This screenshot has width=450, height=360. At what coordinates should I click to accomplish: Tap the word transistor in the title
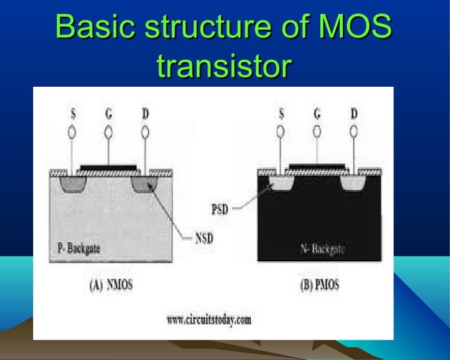[224, 67]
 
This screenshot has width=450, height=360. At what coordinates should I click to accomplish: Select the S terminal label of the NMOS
[72, 114]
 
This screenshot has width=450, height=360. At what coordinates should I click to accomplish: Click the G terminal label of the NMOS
[108, 114]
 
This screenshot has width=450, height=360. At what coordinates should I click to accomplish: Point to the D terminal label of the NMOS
[145, 114]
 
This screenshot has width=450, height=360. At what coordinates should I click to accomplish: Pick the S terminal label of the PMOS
[281, 114]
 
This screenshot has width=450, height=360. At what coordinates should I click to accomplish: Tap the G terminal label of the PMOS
[317, 114]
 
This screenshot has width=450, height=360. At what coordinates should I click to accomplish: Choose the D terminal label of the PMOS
[353, 114]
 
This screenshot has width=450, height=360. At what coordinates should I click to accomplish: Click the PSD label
[221, 209]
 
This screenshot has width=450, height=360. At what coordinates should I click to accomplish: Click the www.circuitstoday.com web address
[209, 320]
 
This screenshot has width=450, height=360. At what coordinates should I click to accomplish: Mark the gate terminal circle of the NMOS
[108, 132]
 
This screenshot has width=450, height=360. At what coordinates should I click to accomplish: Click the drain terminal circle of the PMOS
[353, 132]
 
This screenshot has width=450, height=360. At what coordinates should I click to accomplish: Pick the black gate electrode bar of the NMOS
[108, 168]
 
